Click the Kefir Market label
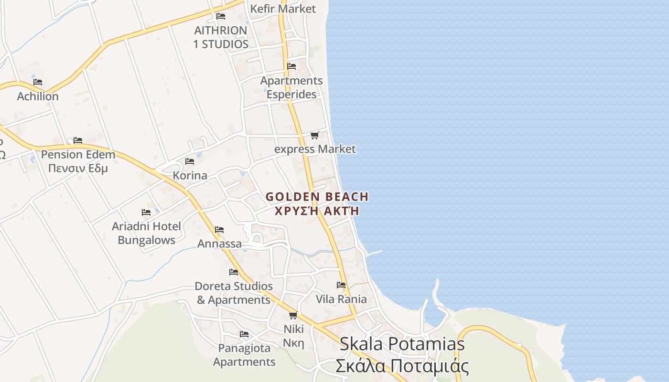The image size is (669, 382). click(283, 9)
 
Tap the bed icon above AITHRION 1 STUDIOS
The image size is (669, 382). click(221, 16)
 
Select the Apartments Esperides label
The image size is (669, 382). click(291, 87)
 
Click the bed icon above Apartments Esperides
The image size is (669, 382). click(291, 66)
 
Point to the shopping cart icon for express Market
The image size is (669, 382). click(314, 136)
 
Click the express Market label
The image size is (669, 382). click(315, 149)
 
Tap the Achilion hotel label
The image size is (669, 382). click(38, 96)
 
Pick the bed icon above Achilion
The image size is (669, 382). click(38, 82)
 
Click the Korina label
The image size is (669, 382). click(190, 175)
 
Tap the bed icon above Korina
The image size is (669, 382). click(190, 161)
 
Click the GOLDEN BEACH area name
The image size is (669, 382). click(317, 197)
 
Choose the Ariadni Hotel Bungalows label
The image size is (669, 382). click(146, 233)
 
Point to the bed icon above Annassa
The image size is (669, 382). click(219, 230)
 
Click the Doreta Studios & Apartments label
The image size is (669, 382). click(234, 293)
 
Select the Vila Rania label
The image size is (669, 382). click(341, 299)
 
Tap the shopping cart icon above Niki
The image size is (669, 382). click(293, 315)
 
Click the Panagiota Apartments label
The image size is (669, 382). click(244, 355)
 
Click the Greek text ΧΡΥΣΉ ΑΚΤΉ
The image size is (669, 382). click(317, 211)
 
